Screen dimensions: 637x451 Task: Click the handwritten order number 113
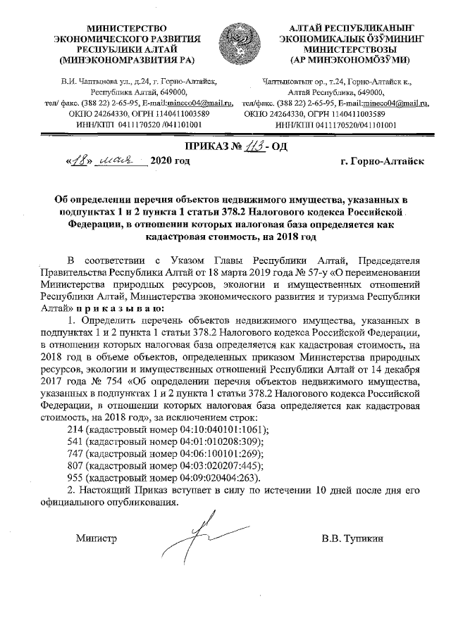coord(257,147)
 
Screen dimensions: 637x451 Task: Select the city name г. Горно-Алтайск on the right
coord(381,162)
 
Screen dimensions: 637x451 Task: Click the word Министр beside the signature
coord(95,539)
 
